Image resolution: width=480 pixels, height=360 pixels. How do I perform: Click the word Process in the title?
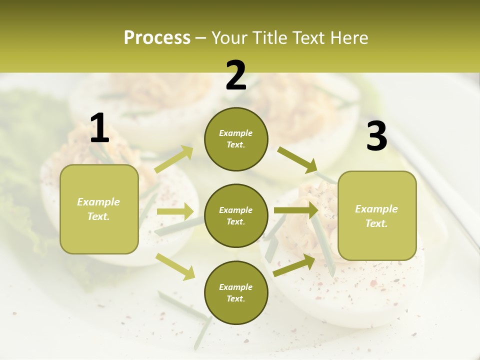coord(157,38)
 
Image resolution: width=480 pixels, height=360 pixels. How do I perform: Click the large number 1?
coord(99,128)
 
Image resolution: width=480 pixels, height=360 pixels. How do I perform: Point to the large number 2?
coord(236,75)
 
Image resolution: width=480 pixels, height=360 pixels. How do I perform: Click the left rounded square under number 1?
coord(99,209)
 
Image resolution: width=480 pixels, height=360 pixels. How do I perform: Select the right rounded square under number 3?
coord(377,215)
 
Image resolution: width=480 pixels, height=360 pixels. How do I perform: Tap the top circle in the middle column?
coord(236,139)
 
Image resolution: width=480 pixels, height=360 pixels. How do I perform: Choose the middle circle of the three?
coord(236,215)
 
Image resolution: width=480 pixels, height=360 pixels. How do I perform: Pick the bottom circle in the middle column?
coord(236,292)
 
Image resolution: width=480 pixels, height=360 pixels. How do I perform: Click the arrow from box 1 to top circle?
coord(174,159)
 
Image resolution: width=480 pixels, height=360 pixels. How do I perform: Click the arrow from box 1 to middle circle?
coord(175,211)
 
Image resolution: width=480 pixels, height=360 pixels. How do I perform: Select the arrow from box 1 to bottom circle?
coord(175,266)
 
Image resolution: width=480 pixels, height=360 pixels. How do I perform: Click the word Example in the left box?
coord(98,202)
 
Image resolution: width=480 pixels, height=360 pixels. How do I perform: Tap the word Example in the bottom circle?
coord(235,287)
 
